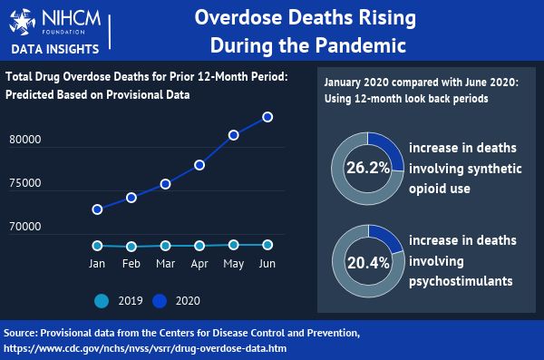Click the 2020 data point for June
pyautogui.click(x=267, y=117)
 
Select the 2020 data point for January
pyautogui.click(x=97, y=209)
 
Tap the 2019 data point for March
pyautogui.click(x=166, y=246)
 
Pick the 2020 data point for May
pyautogui.click(x=233, y=135)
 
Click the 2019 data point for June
pyautogui.click(x=267, y=245)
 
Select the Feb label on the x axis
pyautogui.click(x=131, y=264)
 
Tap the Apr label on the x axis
pyautogui.click(x=199, y=264)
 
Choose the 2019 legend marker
pyautogui.click(x=101, y=300)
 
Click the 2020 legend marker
pyautogui.click(x=162, y=300)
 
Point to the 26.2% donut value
pyautogui.click(x=368, y=168)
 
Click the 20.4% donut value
pyautogui.click(x=368, y=264)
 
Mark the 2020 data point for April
pyautogui.click(x=199, y=165)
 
